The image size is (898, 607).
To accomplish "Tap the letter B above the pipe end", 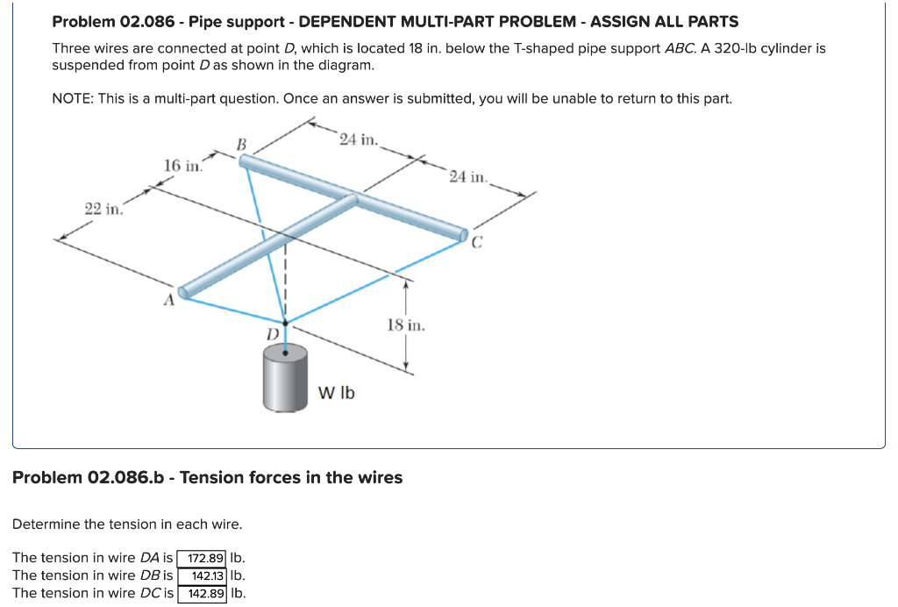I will (x=242, y=143).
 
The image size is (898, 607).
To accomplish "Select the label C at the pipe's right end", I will (x=476, y=244).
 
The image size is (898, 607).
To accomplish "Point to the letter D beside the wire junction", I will (x=273, y=335).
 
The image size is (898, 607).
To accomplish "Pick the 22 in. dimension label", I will (x=103, y=208).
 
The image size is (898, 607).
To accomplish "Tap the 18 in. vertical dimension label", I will (x=406, y=325).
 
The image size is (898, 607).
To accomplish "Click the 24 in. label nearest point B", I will (x=358, y=139).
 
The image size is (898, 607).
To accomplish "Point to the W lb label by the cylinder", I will (x=336, y=392).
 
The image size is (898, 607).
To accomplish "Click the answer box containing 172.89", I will (x=203, y=558).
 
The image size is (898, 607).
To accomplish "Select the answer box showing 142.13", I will (x=203, y=575).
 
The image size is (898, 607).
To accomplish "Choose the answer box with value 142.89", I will (x=203, y=594).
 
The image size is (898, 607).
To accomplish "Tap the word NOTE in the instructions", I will (x=72, y=98).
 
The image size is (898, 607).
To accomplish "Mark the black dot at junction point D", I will (x=284, y=323).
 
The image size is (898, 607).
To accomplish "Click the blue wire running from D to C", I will (x=377, y=281).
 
